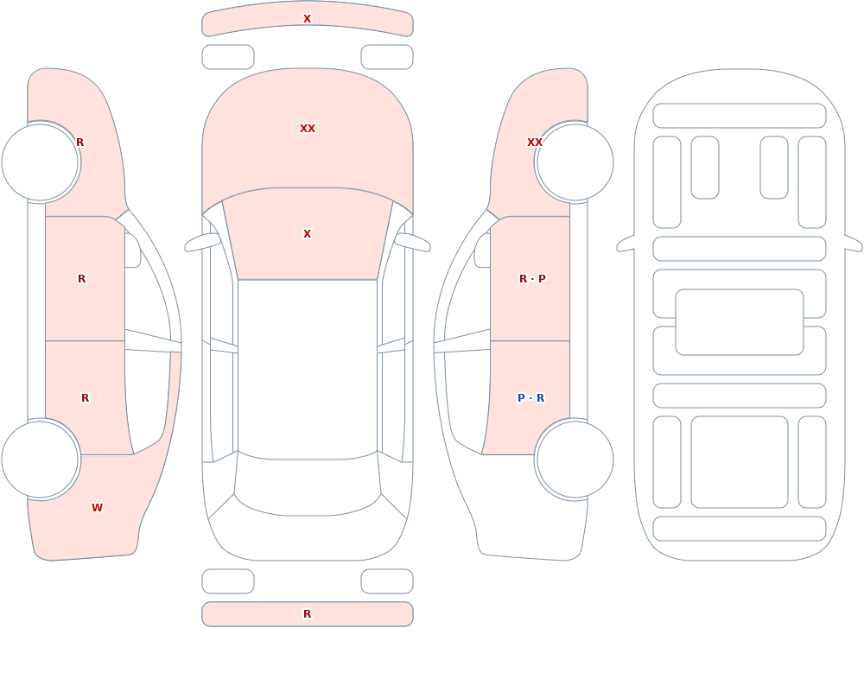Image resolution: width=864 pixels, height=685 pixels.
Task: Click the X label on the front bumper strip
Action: pos(307,19)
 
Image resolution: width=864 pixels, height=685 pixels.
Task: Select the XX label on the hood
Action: pos(307,129)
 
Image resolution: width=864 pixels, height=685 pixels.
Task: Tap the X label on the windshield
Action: pos(307,234)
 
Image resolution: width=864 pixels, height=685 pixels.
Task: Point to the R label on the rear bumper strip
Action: pos(307,614)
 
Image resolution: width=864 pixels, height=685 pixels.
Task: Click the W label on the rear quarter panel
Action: pos(97,508)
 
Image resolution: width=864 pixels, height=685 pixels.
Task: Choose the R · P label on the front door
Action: pos(532,279)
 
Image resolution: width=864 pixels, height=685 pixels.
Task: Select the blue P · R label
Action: pos(530,398)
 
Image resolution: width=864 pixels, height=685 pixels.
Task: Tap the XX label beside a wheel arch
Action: pos(535,143)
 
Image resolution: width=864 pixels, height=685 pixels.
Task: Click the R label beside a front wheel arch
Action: pos(79,143)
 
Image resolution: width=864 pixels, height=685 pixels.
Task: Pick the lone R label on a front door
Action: pos(81,279)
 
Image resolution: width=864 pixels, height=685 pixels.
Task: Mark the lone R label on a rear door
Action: pos(85,398)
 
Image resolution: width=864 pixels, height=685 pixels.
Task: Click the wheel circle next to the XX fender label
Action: pos(575,162)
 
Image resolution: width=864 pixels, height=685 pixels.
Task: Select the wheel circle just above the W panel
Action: pos(41,460)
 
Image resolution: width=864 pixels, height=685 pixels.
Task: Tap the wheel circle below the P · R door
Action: pos(575,460)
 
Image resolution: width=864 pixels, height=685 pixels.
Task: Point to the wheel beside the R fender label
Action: pos(41,162)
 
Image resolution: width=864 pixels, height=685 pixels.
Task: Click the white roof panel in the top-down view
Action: pos(308,368)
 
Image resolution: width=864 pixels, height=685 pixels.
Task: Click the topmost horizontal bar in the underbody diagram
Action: pos(740,116)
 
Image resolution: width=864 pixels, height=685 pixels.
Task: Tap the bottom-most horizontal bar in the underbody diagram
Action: pos(740,529)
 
